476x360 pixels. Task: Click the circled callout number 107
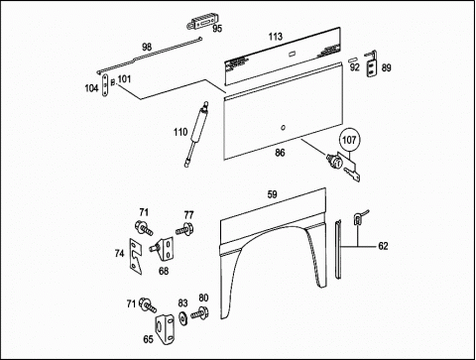(349, 140)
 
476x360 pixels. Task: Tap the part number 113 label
(276, 37)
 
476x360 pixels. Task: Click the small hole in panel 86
(284, 128)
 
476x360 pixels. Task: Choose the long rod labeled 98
(150, 56)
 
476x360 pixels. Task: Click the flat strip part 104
(105, 86)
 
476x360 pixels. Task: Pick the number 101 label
(124, 79)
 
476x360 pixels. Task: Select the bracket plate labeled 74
(136, 257)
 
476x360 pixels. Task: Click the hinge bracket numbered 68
(163, 249)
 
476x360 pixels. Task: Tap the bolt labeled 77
(184, 229)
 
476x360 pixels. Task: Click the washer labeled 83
(181, 317)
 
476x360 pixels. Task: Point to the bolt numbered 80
(199, 313)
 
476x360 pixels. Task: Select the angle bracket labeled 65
(166, 330)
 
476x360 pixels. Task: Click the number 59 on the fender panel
(272, 194)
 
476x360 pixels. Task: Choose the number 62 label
(383, 246)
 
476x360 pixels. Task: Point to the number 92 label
(354, 67)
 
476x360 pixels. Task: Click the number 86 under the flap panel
(280, 153)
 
